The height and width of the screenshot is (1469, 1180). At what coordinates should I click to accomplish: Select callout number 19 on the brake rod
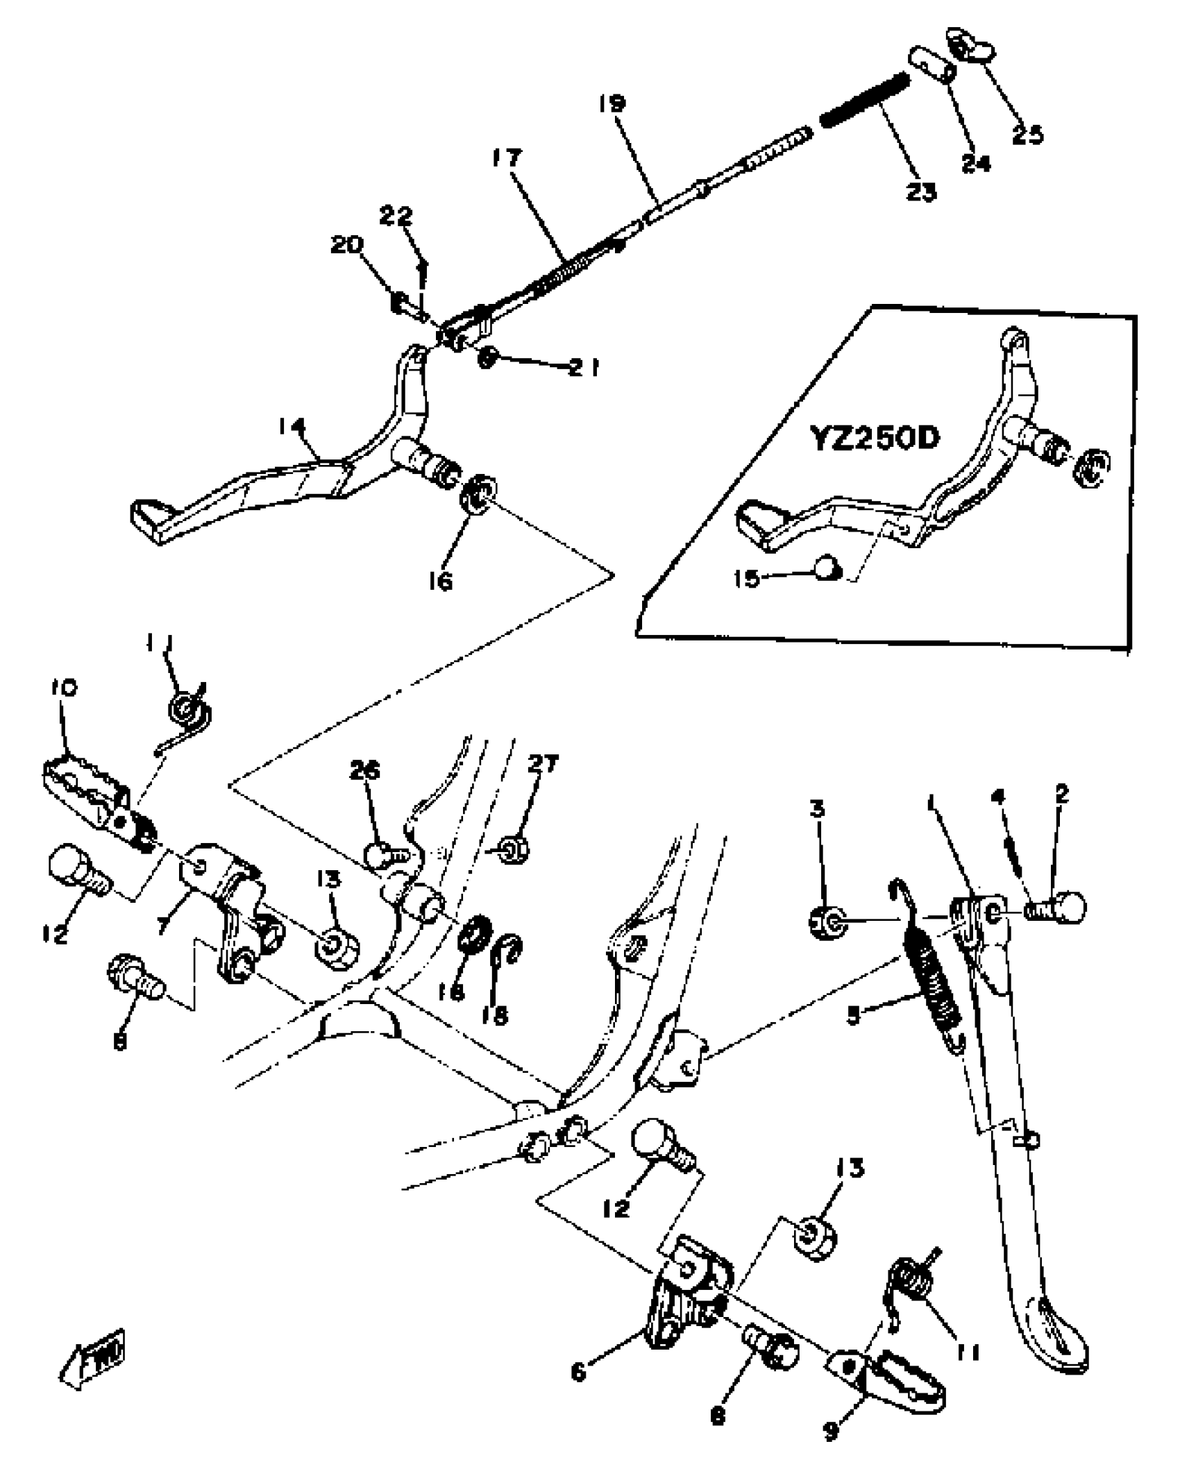point(613,105)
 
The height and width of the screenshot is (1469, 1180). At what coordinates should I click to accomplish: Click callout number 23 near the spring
point(921,192)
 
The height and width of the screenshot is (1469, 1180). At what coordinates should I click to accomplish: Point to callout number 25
point(1027,134)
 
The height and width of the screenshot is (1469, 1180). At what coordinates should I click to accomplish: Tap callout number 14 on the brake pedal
point(292,427)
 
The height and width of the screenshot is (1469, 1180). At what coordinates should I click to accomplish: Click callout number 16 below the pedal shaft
point(440,580)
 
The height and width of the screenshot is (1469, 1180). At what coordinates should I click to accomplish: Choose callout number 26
point(365,771)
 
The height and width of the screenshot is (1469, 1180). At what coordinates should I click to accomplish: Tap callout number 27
point(542,765)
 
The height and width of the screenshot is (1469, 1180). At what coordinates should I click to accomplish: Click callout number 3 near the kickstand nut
point(818,809)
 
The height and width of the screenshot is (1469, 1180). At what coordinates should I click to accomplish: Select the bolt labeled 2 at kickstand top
point(1059,907)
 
